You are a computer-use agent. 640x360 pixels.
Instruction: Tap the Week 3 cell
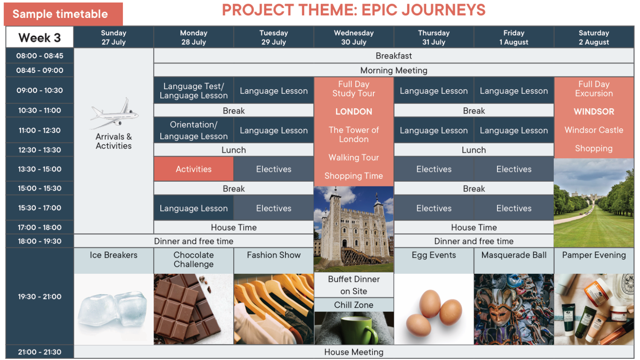coord(40,38)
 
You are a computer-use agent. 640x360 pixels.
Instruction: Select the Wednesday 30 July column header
coord(354,38)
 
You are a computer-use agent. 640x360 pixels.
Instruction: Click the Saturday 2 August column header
coord(594,38)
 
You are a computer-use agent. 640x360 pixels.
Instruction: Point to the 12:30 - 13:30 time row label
coord(40,150)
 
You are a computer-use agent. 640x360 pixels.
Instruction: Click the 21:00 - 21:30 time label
coord(40,352)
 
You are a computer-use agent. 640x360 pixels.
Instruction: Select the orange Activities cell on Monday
coord(194,169)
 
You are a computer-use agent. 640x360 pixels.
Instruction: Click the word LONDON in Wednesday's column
coord(354,111)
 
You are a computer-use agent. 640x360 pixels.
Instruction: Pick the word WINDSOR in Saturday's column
coord(594,111)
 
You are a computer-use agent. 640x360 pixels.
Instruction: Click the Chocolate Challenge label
coord(194,259)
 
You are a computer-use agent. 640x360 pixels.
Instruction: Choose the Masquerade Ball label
coord(514,255)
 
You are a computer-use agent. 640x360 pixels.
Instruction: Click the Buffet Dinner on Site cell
coord(354,285)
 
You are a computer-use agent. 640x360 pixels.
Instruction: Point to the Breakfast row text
coord(394,56)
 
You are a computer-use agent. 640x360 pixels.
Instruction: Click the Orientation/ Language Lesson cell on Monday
coord(194,130)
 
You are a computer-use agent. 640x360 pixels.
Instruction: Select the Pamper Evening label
coord(594,255)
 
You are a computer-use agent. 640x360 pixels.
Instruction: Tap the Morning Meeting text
coord(394,70)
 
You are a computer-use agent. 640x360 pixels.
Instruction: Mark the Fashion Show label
coord(274,255)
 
